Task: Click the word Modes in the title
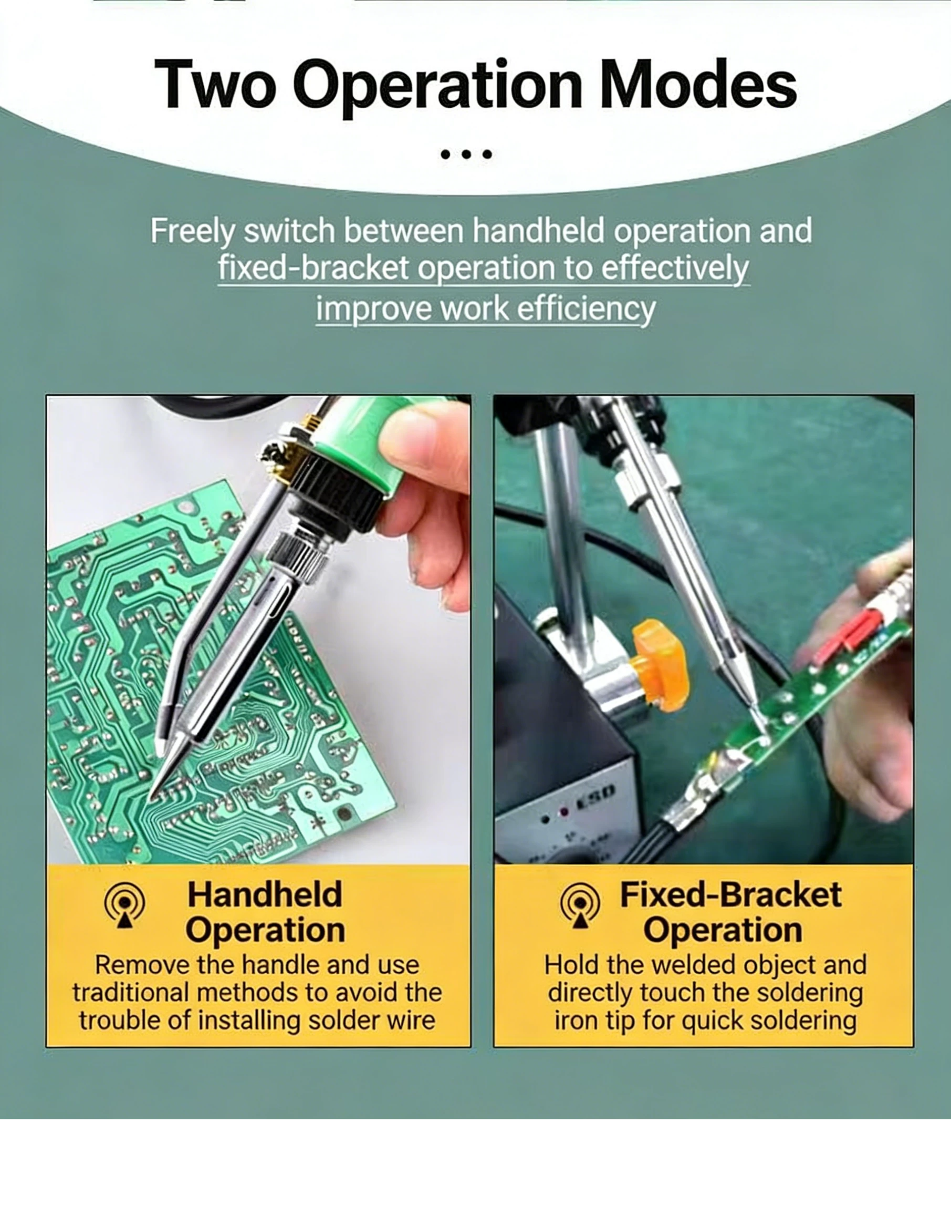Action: (698, 85)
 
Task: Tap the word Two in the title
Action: (215, 85)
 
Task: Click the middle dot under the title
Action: (464, 154)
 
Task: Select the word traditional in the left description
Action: (132, 993)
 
